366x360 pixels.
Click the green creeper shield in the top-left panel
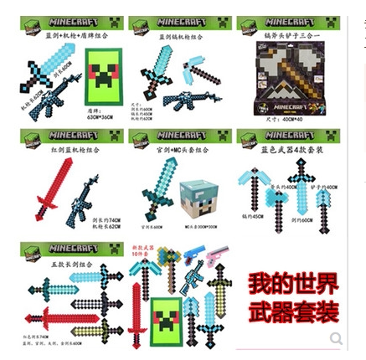(105, 77)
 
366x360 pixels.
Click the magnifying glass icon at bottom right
(336, 338)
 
